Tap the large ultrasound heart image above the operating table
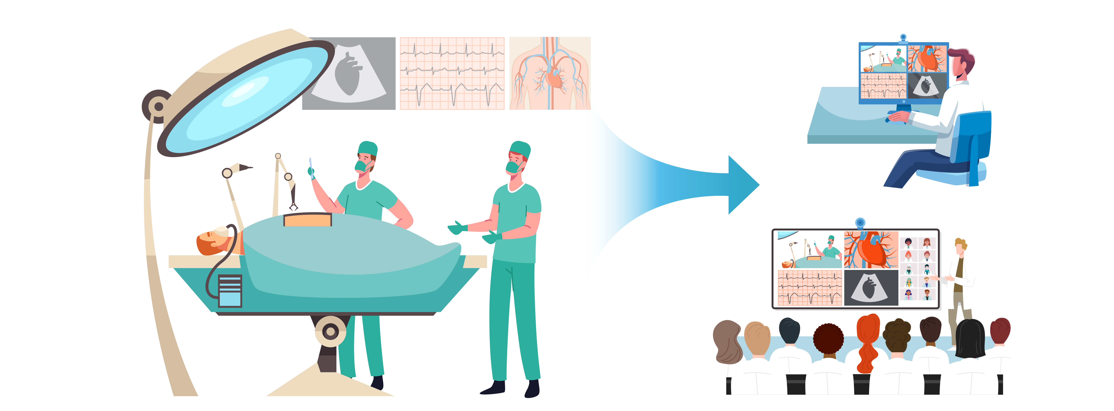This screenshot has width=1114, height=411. point(349,74)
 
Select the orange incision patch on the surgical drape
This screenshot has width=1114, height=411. point(308,220)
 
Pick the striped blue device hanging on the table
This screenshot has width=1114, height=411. point(230,291)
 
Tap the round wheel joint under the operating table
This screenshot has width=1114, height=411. point(330,332)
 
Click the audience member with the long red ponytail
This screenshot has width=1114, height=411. point(868,342)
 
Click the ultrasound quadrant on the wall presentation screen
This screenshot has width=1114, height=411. point(871,288)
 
